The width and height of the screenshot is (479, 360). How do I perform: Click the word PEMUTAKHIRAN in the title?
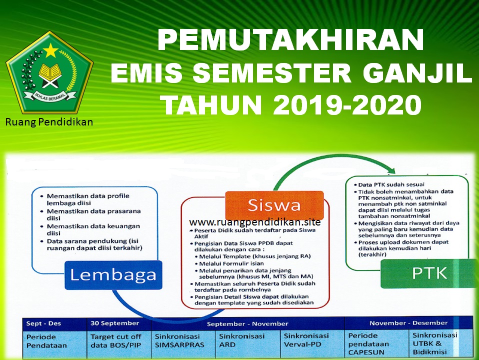[290, 40]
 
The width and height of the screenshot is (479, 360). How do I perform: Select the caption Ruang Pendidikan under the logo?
[49, 121]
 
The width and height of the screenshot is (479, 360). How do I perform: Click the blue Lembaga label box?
[112, 274]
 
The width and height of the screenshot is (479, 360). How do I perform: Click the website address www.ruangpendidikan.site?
[255, 221]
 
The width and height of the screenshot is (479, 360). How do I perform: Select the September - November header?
[247, 323]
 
